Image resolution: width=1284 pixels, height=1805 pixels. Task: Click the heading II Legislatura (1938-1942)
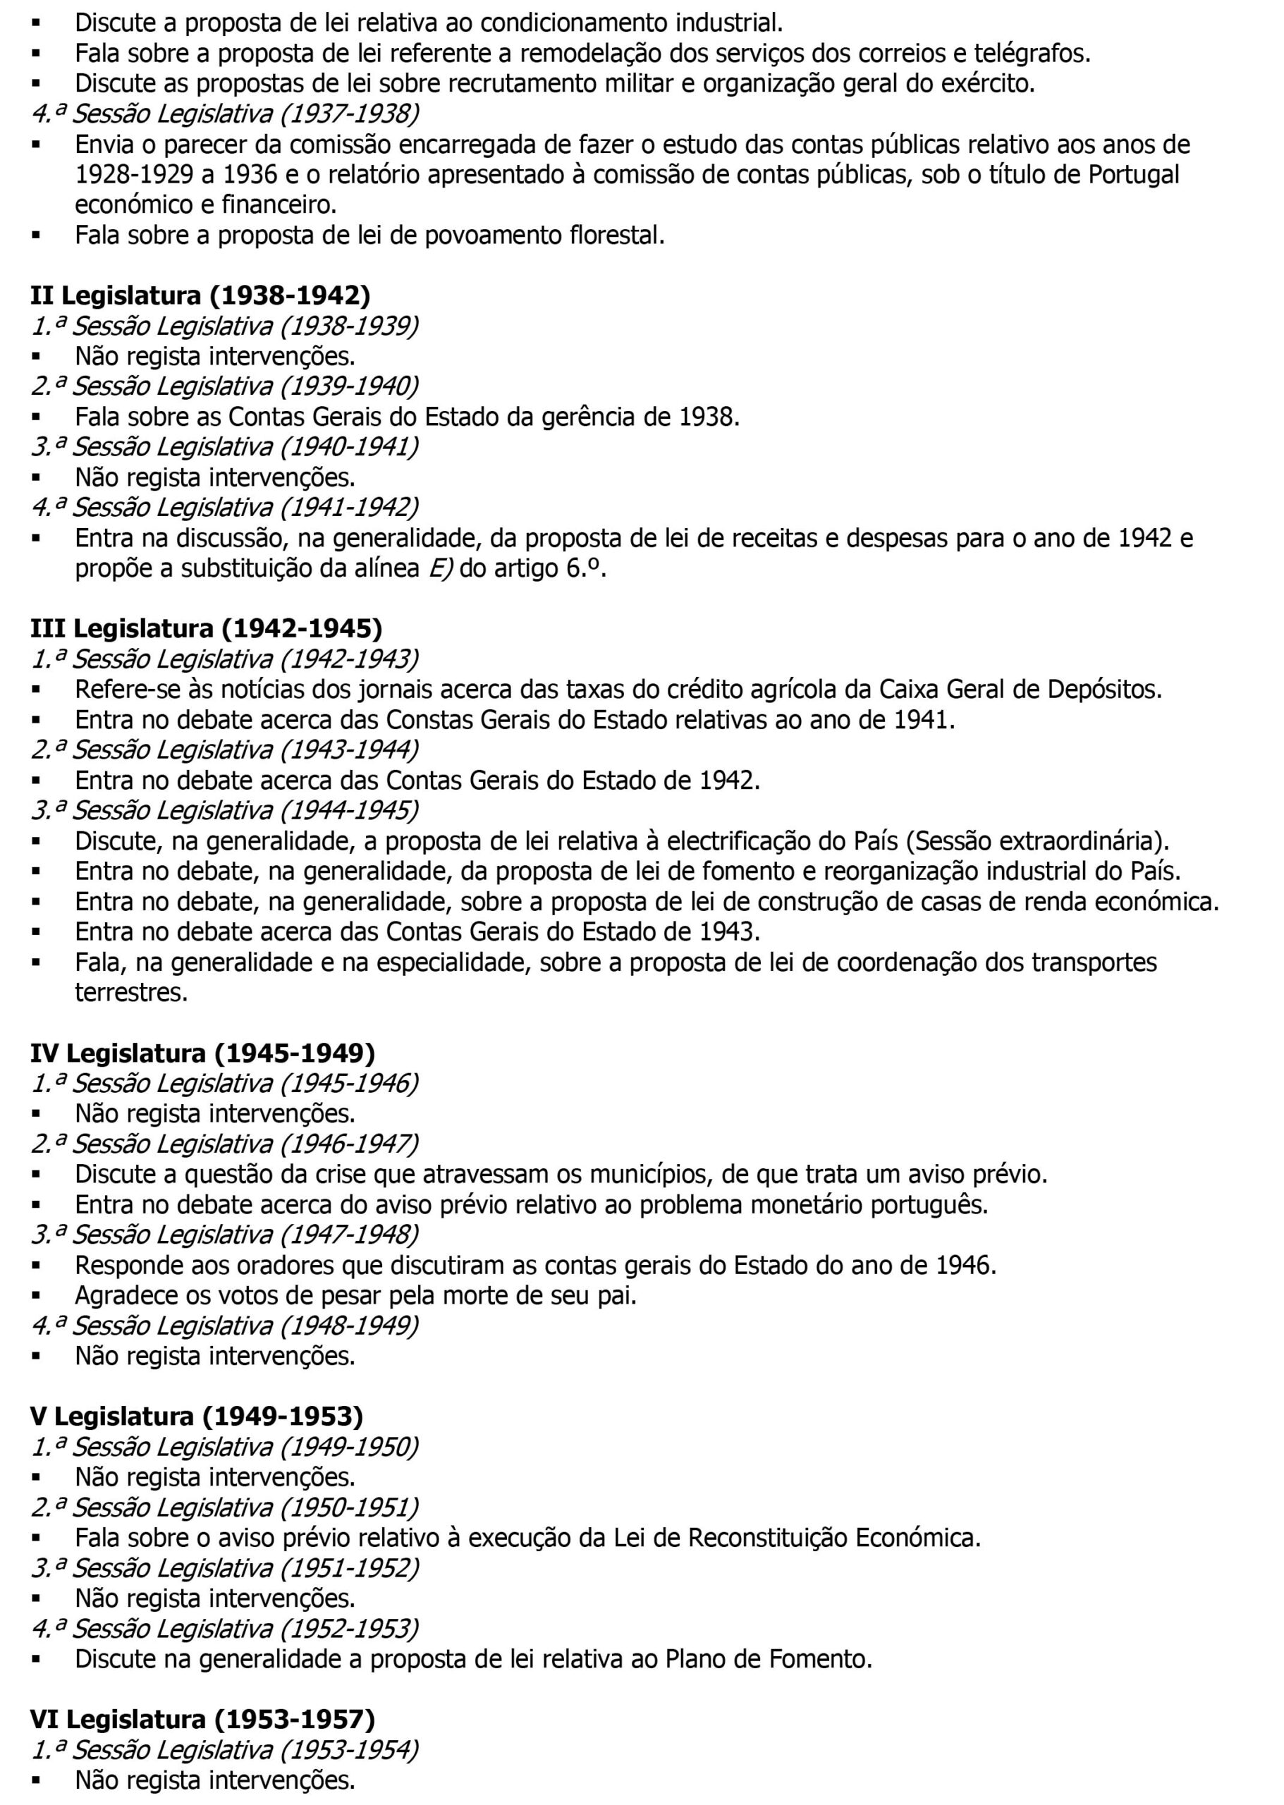coord(200,295)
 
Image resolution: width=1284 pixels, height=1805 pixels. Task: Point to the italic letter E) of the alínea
coord(441,568)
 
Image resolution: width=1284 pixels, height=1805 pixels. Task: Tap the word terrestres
coord(131,992)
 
